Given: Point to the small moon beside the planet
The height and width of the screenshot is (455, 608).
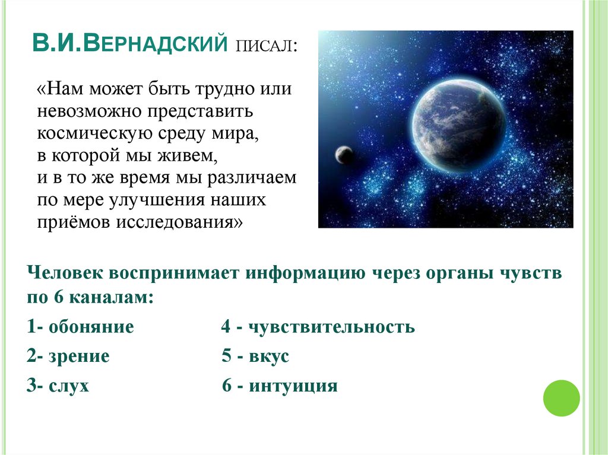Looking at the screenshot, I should point(344,155).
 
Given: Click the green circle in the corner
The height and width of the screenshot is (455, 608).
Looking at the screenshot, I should point(561,397).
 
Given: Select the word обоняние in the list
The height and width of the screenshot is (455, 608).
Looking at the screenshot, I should point(91,327).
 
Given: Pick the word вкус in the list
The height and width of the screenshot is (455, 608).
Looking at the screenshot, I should point(269,357).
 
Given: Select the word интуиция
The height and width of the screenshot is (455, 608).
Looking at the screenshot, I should point(293,386).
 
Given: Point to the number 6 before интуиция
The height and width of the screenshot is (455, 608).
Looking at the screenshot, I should point(226,386).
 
